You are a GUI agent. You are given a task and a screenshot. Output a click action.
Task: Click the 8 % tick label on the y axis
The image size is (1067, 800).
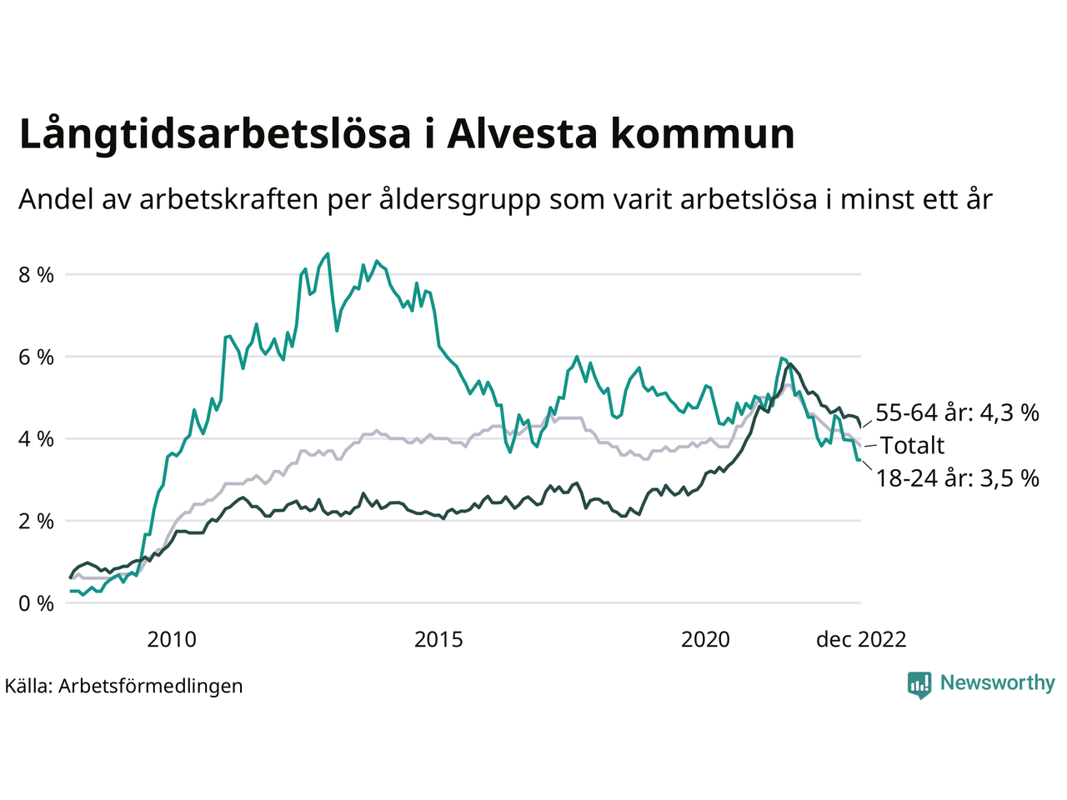coord(36,274)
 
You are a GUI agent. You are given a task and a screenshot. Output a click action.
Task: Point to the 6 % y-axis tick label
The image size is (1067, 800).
coord(36,357)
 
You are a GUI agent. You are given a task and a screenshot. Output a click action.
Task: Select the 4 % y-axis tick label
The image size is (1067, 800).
coord(36,438)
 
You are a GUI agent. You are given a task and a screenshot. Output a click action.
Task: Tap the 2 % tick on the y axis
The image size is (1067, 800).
coord(36,521)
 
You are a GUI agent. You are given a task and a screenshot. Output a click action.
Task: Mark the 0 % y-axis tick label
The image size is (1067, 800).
coord(36,602)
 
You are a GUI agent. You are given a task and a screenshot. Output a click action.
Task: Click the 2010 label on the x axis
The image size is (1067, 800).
coord(172,639)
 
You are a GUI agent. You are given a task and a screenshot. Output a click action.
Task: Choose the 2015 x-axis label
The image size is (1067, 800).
coord(438,639)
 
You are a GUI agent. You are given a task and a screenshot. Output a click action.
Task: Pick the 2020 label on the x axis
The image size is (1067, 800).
coord(705,639)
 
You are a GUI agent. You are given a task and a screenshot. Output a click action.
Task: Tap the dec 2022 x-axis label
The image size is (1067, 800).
coord(860,639)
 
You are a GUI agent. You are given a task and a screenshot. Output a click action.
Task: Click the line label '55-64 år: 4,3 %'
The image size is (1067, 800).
coord(957,412)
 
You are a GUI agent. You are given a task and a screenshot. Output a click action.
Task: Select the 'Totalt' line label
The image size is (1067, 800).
coord(912,445)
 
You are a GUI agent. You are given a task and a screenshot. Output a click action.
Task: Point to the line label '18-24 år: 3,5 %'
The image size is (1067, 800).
coord(957,477)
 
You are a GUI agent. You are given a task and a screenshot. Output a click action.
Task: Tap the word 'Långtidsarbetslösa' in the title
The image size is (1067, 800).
coord(214,134)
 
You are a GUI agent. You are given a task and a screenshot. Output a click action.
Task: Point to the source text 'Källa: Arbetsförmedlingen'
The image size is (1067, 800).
coord(123,686)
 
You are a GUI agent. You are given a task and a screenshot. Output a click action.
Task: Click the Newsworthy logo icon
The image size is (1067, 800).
coord(919,685)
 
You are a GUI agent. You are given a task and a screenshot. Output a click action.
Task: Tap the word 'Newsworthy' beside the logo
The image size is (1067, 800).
coord(997,683)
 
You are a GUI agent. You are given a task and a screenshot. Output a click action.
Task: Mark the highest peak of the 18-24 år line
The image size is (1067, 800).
coord(328,253)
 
